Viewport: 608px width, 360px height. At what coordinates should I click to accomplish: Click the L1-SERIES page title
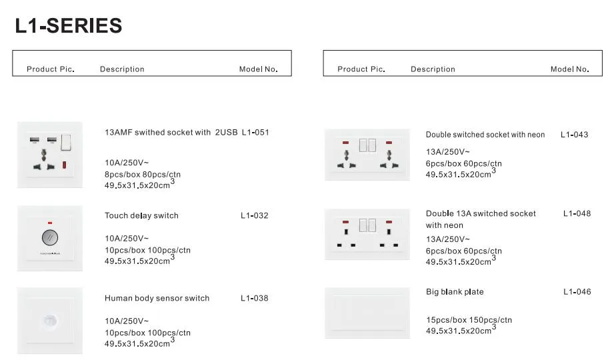(68, 25)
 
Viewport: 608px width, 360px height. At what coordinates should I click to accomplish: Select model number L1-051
(255, 132)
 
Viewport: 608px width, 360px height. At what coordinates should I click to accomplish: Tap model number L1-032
(255, 216)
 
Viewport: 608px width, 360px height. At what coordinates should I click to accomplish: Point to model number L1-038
(255, 298)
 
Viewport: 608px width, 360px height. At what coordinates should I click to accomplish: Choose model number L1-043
(574, 135)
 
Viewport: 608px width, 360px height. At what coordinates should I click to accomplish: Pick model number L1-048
(577, 213)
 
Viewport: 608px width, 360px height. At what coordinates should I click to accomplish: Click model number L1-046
(577, 292)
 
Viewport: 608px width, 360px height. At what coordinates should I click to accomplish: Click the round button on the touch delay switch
(50, 237)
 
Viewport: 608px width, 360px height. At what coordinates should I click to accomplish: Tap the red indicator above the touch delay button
(49, 223)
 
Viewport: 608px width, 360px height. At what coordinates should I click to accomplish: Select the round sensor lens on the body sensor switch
(49, 321)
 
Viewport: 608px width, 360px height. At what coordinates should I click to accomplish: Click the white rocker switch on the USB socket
(66, 142)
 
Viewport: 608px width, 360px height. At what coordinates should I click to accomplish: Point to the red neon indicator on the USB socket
(65, 165)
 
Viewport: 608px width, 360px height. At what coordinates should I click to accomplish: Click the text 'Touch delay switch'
(141, 216)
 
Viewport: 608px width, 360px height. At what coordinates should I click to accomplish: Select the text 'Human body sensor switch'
(157, 298)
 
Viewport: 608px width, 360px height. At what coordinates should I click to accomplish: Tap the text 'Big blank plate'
(455, 292)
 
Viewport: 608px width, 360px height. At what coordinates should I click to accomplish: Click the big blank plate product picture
(367, 313)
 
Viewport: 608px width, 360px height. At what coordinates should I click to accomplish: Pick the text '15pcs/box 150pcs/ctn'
(469, 320)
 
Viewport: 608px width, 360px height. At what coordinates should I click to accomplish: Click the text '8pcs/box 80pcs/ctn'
(143, 175)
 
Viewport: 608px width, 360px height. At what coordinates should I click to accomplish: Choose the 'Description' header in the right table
(433, 69)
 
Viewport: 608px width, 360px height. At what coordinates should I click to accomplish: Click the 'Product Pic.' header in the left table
(51, 69)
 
